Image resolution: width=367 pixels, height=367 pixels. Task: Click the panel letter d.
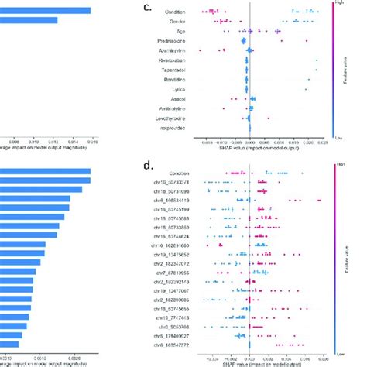[149, 164]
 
